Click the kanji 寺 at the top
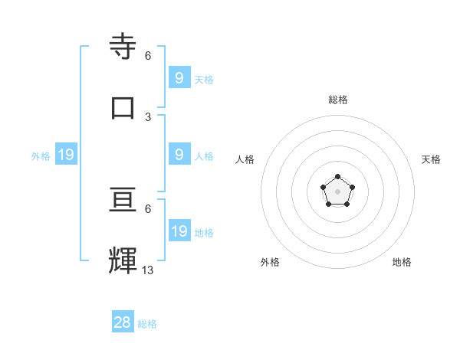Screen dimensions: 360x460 click(123, 47)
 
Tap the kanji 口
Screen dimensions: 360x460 click(123, 106)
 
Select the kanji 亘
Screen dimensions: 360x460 click(123, 201)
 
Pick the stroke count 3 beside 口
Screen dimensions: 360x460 click(148, 116)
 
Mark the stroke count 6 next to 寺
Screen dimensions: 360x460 click(148, 56)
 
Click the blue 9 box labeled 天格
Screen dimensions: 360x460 click(179, 77)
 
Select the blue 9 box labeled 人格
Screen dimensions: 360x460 click(179, 154)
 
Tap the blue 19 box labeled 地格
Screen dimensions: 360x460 click(179, 231)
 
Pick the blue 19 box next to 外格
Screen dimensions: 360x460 click(66, 155)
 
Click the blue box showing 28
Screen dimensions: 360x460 click(123, 322)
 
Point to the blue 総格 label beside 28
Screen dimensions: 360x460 click(148, 324)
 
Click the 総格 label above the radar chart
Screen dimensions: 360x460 click(338, 100)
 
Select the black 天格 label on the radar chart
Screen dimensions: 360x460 click(432, 159)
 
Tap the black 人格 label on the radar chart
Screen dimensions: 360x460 click(245, 159)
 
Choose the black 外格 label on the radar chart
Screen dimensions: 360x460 click(270, 262)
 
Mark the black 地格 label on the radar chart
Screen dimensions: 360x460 click(402, 262)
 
